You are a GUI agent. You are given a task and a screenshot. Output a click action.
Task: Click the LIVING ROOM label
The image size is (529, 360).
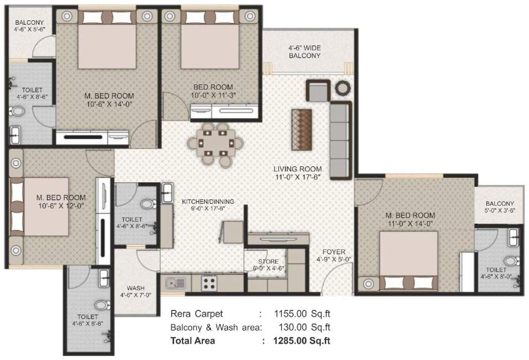(x=298, y=169)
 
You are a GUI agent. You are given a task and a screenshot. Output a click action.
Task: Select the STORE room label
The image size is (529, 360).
(x=268, y=262)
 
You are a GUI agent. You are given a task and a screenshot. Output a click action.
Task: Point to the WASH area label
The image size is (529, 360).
(x=135, y=288)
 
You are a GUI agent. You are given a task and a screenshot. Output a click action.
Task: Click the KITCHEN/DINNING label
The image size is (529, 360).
(x=208, y=202)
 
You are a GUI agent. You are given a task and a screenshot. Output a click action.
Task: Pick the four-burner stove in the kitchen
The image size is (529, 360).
(x=209, y=283)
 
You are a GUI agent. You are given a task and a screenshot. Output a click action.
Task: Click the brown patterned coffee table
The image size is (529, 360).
(x=301, y=129)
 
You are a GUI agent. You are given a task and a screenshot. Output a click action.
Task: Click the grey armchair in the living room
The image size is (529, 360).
(x=318, y=90)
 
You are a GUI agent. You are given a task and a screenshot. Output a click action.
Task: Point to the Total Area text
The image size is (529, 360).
(x=193, y=341)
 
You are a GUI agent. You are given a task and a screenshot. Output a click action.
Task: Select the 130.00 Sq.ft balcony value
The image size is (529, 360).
(x=302, y=327)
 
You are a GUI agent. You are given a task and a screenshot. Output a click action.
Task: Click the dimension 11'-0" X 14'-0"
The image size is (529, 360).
(x=409, y=224)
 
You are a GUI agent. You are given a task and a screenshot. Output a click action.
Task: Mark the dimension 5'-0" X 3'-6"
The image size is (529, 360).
(x=499, y=210)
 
